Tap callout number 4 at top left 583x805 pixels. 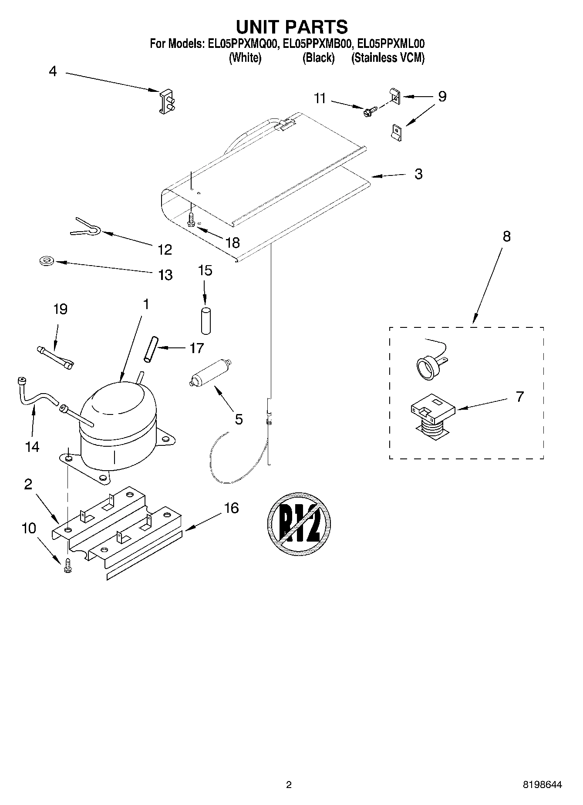tap(53, 71)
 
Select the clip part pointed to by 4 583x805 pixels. tap(166, 101)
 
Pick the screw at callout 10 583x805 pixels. tap(67, 566)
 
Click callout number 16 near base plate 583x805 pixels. tap(232, 508)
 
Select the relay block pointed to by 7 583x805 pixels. tap(433, 414)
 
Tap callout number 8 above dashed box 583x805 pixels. tap(506, 236)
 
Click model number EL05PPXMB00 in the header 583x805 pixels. tap(317, 44)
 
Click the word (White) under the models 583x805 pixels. tap(245, 57)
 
